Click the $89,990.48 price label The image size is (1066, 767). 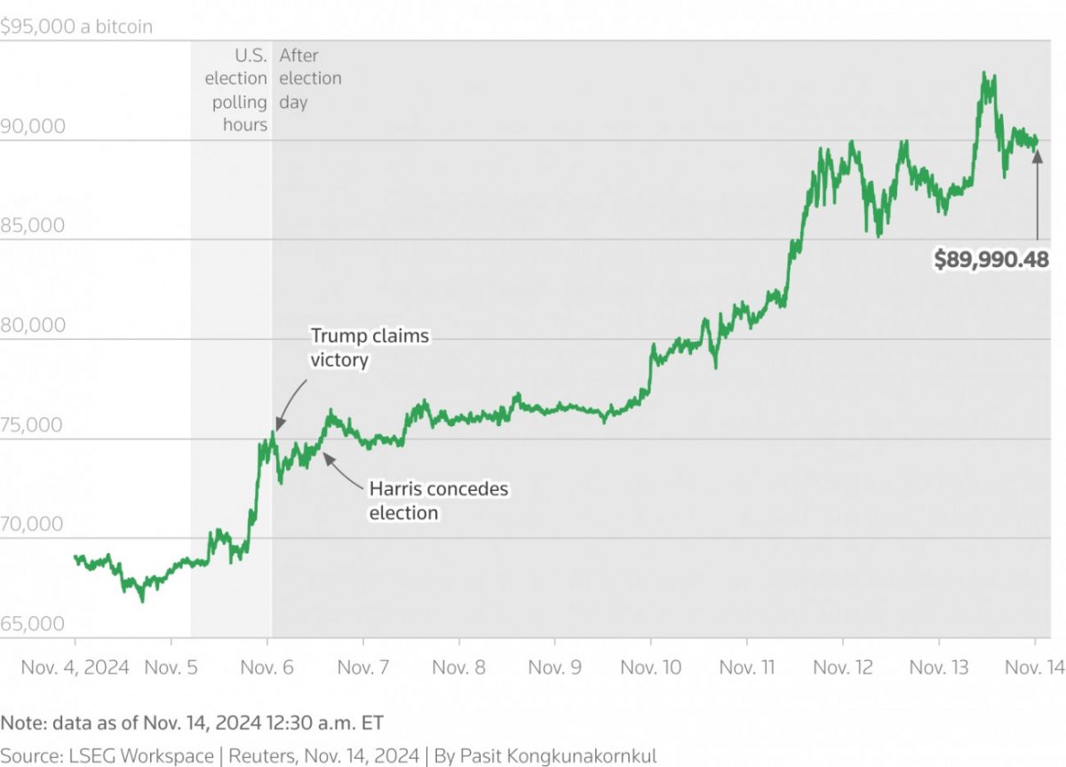coord(990,259)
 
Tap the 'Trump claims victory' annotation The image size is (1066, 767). coord(369,348)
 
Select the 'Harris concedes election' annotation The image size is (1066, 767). coord(438,501)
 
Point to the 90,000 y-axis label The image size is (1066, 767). coord(33,126)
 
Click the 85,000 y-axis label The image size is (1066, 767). coord(33,225)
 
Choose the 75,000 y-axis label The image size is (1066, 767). coord(33,424)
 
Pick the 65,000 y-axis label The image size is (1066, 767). coord(33,624)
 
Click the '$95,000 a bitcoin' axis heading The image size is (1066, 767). coord(76,27)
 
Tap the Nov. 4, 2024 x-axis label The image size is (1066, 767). coord(76,667)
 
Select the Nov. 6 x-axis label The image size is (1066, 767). coord(267,667)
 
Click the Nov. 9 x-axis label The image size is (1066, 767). coord(554,667)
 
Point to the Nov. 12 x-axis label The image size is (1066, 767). coord(843,667)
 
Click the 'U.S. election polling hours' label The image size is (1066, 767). coord(236,90)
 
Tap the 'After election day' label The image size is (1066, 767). coord(309,78)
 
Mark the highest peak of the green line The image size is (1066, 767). coord(983,73)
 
